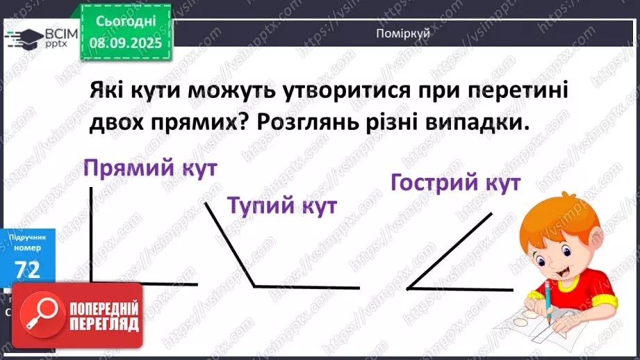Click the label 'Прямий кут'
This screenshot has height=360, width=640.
click(149, 169)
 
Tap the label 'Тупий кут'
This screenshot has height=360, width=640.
click(282, 206)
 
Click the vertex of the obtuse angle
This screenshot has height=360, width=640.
click(254, 286)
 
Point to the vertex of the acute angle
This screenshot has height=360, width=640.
click(408, 287)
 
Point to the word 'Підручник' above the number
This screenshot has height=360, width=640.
click(28, 237)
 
